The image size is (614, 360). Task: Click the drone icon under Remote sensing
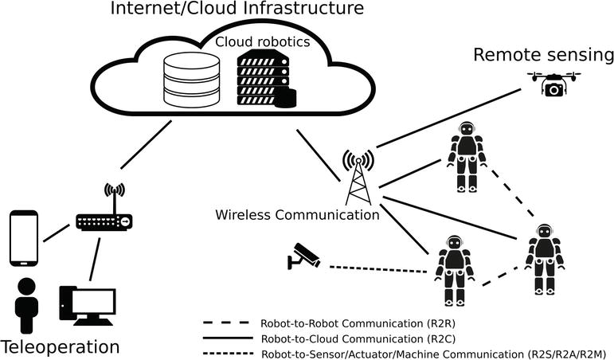553,83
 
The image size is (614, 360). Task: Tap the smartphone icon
23,238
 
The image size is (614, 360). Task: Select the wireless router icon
103,215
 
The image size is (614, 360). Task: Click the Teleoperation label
61,346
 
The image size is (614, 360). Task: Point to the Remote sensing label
543,55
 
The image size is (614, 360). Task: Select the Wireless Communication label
297,215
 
